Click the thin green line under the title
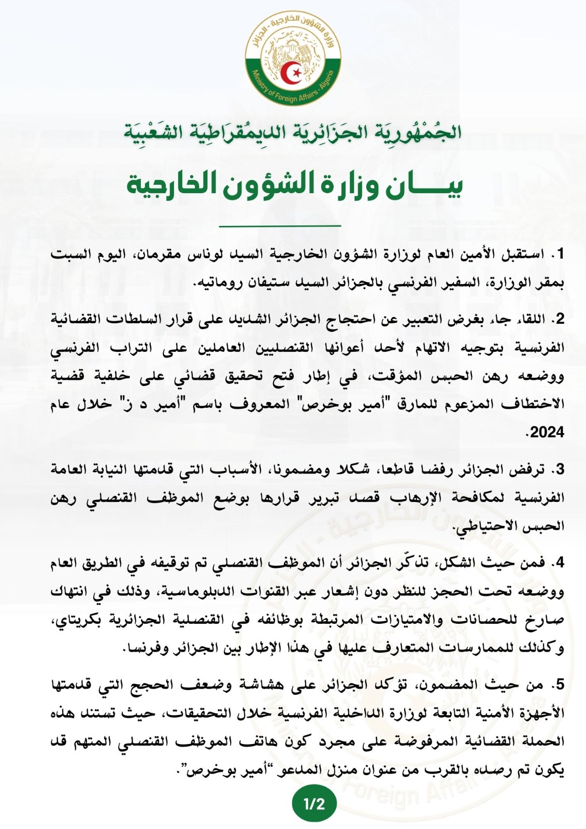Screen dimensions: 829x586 click(280, 226)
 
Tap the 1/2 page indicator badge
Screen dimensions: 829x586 click(314, 804)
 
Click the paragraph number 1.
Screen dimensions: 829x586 click(558, 255)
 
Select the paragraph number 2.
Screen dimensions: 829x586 click(558, 320)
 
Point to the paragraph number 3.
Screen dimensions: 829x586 click(558, 470)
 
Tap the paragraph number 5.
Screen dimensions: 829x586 click(558, 685)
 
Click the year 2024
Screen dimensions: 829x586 click(547, 432)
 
